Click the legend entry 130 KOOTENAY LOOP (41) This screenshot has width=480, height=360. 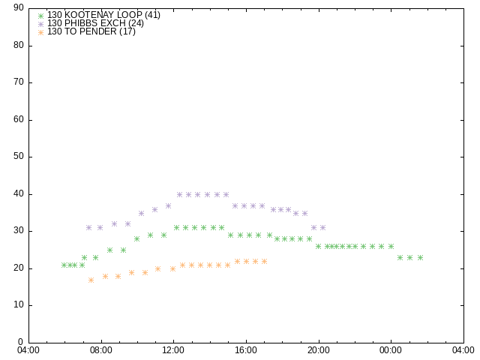tap(103, 15)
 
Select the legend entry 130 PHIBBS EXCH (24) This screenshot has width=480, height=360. tap(95, 23)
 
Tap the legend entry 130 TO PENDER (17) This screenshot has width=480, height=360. tap(91, 31)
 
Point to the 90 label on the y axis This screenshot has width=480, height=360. tap(19, 7)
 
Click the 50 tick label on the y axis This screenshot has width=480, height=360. tap(19, 157)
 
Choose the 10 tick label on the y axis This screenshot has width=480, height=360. tap(19, 305)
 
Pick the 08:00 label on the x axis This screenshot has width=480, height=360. tap(101, 350)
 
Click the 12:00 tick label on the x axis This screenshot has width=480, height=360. tap(173, 350)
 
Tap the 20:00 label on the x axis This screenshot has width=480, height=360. tap(319, 350)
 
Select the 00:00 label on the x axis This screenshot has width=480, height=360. tap(391, 350)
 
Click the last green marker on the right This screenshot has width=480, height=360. tap(420, 258)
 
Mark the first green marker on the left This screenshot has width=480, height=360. tap(64, 265)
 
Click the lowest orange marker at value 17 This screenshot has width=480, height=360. tap(91, 280)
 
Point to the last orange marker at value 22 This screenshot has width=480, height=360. tap(264, 262)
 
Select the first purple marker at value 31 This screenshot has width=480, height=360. tap(88, 228)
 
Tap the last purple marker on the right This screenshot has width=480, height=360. tap(322, 228)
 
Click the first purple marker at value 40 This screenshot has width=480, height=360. tap(179, 195)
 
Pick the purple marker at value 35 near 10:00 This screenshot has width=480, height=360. tap(141, 213)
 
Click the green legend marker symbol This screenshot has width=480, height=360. tap(40, 16)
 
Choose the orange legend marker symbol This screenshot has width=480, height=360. tap(40, 32)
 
